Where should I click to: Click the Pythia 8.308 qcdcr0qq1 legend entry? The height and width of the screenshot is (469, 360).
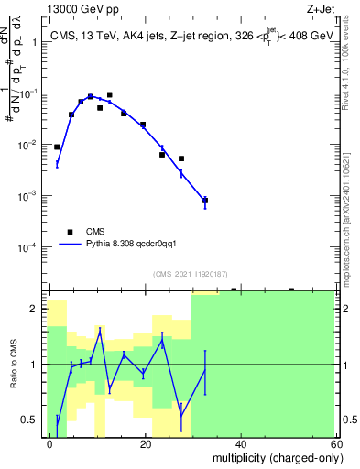coord(128,245)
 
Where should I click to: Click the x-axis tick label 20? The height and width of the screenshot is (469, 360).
coord(145,443)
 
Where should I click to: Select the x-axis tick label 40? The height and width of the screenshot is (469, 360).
coord(240,443)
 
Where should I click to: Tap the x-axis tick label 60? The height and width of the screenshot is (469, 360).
coord(334,443)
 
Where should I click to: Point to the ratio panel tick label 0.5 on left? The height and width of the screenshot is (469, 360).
coord(32,420)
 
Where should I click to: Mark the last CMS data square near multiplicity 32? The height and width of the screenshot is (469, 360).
coord(205,200)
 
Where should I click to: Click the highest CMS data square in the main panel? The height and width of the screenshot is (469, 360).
coord(110,94)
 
